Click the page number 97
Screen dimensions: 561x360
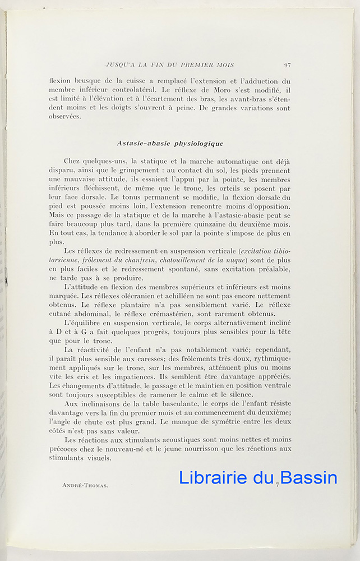(287, 65)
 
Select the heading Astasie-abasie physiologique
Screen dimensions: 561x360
(170, 144)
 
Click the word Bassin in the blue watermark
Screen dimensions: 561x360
(309, 478)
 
